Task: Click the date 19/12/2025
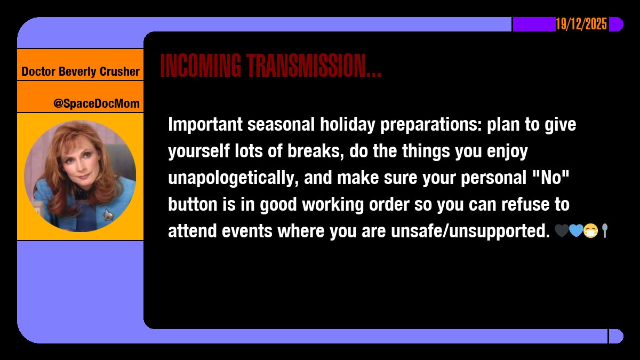(x=581, y=25)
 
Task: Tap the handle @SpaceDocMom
(x=97, y=103)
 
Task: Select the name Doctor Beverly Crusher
(x=81, y=71)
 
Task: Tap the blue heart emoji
(x=575, y=231)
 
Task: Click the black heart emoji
(x=562, y=231)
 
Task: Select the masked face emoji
(x=590, y=231)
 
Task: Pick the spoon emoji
(x=604, y=231)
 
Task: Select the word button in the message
(x=189, y=205)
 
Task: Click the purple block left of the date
(x=533, y=25)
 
